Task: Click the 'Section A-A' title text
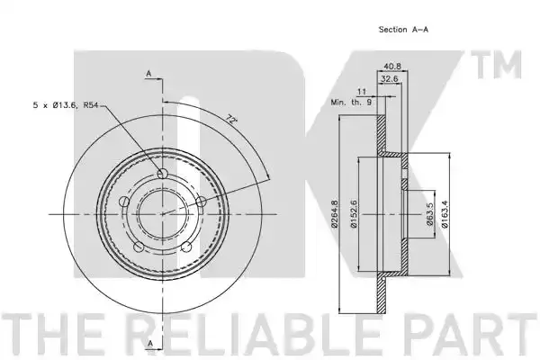click(403, 30)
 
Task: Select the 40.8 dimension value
click(392, 66)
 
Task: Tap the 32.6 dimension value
click(390, 79)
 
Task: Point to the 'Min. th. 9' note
click(351, 103)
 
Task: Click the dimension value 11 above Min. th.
click(362, 92)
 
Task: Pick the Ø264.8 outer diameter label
click(334, 214)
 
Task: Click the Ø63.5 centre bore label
click(429, 214)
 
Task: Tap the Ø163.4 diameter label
click(445, 214)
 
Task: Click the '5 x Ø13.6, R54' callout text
click(66, 105)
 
